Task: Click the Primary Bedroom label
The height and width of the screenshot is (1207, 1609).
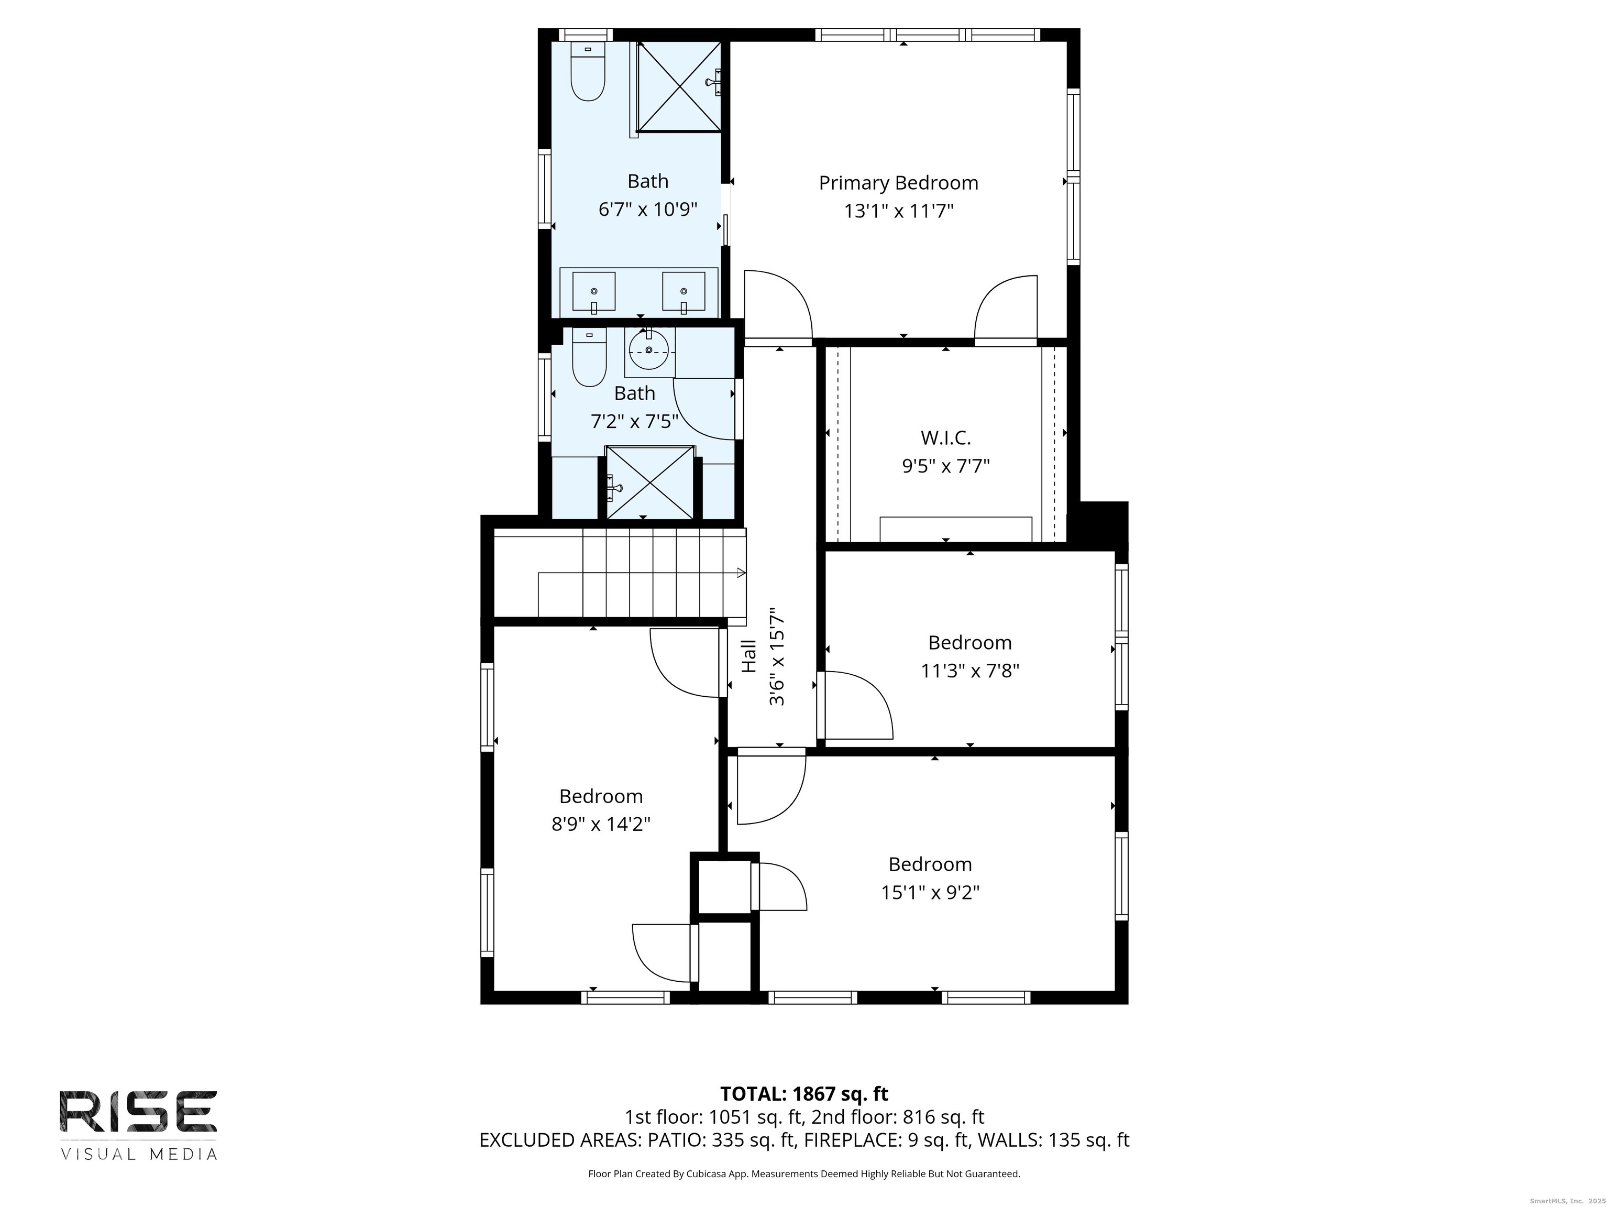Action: click(x=898, y=183)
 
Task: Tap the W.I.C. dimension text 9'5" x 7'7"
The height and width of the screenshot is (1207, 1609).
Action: click(x=945, y=466)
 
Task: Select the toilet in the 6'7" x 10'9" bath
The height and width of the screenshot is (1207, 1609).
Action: click(x=588, y=73)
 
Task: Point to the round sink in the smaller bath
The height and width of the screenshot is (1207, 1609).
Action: click(x=649, y=350)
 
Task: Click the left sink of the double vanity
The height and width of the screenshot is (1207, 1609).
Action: click(x=593, y=291)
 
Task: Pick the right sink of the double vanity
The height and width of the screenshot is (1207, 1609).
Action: click(x=683, y=291)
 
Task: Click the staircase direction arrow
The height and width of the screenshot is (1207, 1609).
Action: click(x=741, y=573)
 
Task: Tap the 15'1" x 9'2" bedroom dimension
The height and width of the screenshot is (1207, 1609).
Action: click(x=930, y=892)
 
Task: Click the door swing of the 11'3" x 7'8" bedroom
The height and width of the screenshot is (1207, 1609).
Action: click(x=858, y=704)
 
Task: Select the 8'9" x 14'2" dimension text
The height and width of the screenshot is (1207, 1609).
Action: click(x=601, y=824)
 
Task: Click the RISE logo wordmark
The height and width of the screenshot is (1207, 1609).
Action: click(x=138, y=1112)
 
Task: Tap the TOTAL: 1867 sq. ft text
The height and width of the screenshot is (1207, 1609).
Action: click(x=804, y=1093)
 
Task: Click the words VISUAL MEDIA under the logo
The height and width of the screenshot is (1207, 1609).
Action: click(x=138, y=1154)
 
